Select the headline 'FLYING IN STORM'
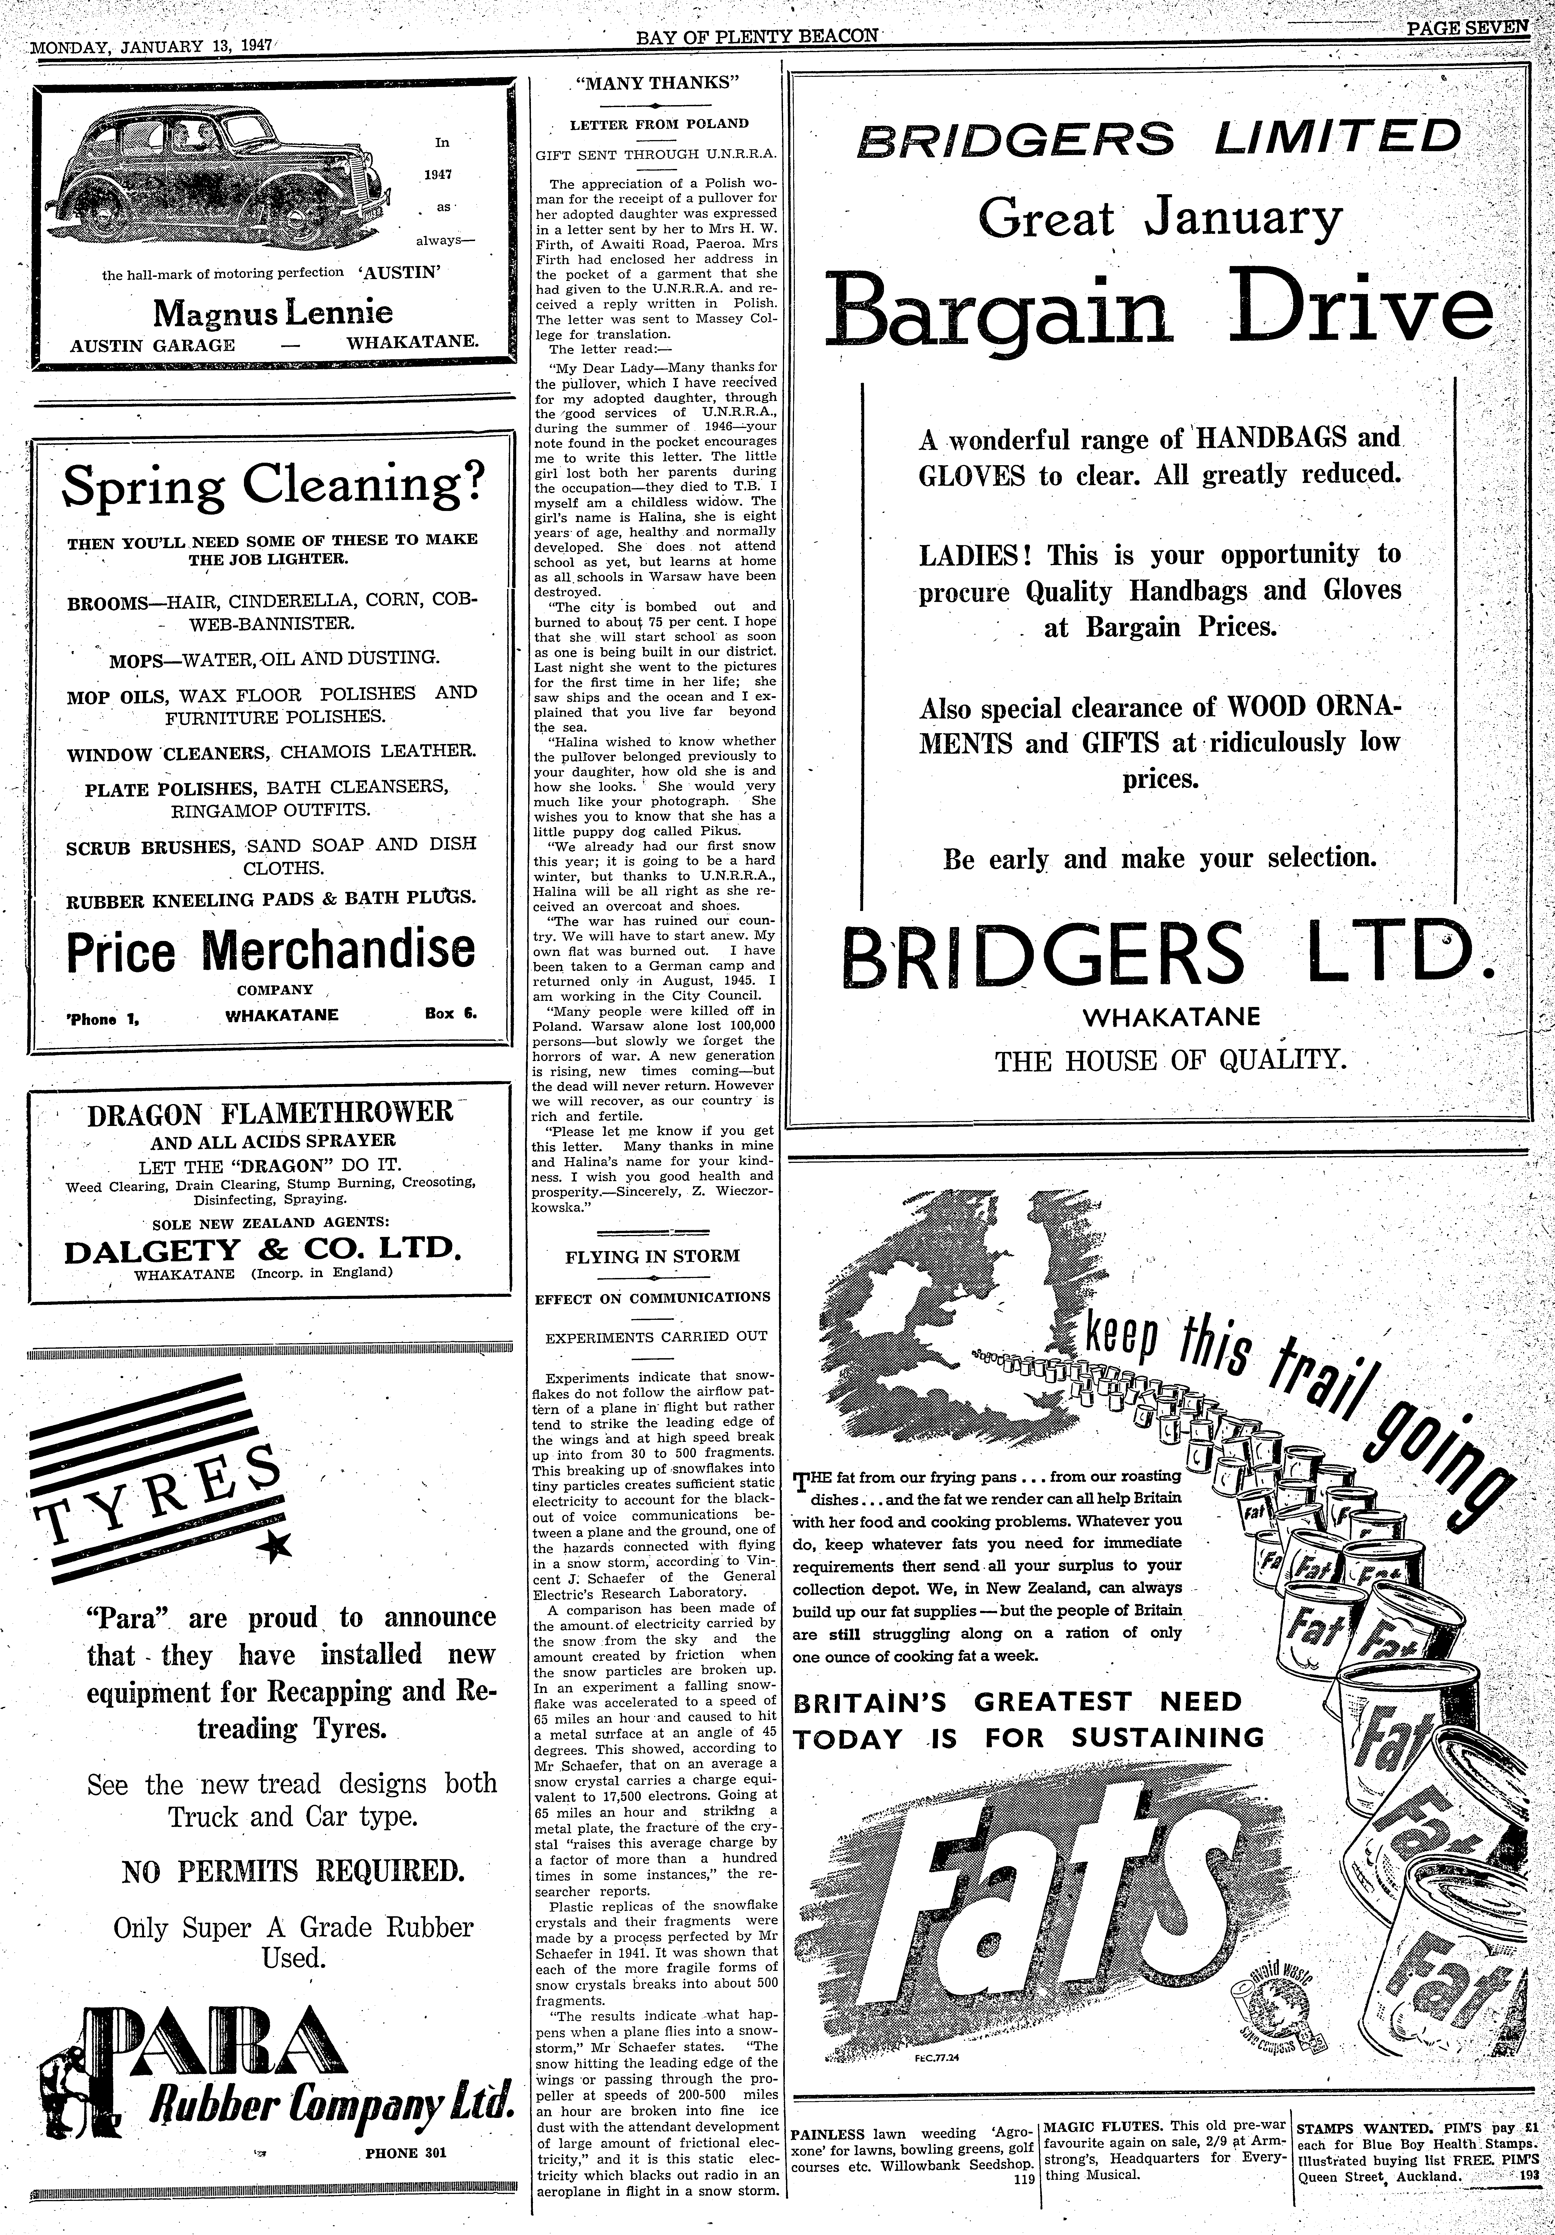coord(652,1256)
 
